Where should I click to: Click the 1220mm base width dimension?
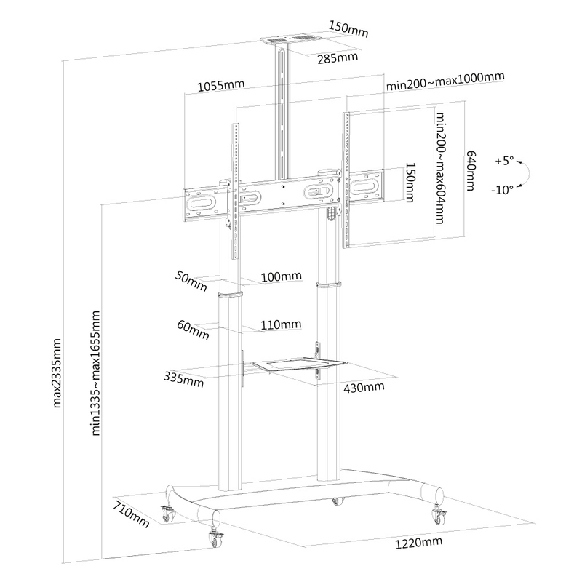(418, 543)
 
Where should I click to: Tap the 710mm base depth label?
(132, 514)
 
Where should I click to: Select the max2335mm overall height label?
(57, 373)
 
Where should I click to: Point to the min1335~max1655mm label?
(96, 373)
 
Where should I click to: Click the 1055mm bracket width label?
(221, 85)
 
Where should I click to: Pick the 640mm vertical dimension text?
(471, 170)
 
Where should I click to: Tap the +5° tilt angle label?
(504, 161)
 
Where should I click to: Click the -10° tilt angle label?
(502, 190)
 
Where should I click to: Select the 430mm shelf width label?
(364, 388)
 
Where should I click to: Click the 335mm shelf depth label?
(184, 379)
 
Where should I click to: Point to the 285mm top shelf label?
(338, 58)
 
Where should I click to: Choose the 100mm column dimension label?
(282, 276)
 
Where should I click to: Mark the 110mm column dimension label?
(281, 324)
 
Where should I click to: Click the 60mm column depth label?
(193, 330)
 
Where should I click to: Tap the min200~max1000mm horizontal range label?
(445, 81)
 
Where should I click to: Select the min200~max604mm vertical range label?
(440, 168)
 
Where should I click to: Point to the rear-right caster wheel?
(439, 515)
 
